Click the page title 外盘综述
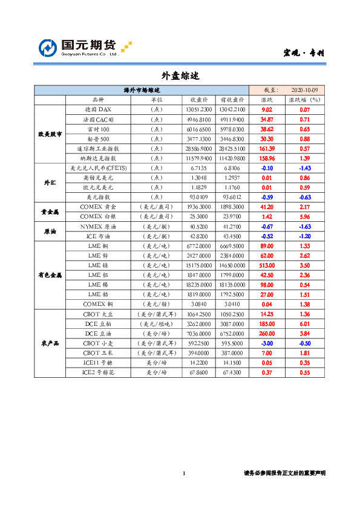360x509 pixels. (180, 76)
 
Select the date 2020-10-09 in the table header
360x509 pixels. (304, 90)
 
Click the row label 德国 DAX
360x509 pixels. (98, 110)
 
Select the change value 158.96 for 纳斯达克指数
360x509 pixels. (267, 158)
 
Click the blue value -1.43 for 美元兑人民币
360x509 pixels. (305, 167)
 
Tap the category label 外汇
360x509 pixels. (49, 182)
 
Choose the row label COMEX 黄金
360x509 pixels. (98, 207)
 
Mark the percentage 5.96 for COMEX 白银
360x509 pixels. (305, 216)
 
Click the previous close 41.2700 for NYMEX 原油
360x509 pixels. (232, 226)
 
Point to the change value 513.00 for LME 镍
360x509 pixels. (267, 265)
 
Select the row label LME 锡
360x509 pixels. (98, 284)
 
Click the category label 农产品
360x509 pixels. (49, 343)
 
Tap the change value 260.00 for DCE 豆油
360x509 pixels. (267, 333)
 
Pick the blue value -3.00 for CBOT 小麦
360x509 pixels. (267, 343)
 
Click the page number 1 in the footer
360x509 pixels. (183, 473)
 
